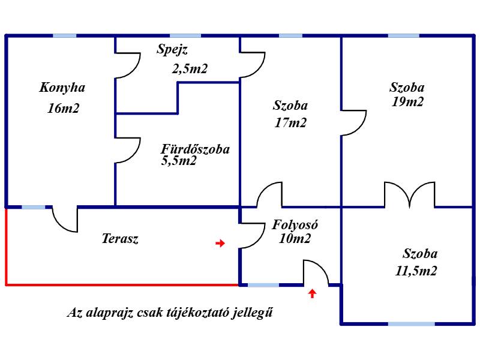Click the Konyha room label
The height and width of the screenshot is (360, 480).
pyautogui.click(x=62, y=88)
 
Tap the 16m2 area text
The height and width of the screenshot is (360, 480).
pyautogui.click(x=64, y=109)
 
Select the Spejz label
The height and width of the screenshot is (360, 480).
pyautogui.click(x=172, y=50)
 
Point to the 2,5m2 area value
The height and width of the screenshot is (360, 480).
pyautogui.click(x=190, y=69)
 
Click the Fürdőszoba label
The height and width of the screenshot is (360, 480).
pyautogui.click(x=196, y=149)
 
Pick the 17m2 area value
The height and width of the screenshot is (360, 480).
pyautogui.click(x=290, y=123)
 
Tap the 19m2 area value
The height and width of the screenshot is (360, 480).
pyautogui.click(x=407, y=101)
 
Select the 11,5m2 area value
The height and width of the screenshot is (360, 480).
pyautogui.click(x=416, y=271)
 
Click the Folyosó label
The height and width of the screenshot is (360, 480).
pyautogui.click(x=295, y=225)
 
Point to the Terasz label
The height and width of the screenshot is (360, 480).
pyautogui.click(x=120, y=238)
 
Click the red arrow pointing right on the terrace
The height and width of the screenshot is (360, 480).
pyautogui.click(x=220, y=244)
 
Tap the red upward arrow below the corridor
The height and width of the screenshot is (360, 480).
pyautogui.click(x=312, y=293)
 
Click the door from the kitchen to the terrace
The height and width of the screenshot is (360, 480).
pyautogui.click(x=65, y=219)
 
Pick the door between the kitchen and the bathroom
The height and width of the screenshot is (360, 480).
pyautogui.click(x=128, y=151)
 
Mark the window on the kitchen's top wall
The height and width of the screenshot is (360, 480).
pyautogui.click(x=65, y=36)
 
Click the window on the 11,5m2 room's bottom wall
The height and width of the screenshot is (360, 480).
pyautogui.click(x=412, y=323)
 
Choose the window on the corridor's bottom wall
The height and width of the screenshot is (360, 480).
pyautogui.click(x=263, y=285)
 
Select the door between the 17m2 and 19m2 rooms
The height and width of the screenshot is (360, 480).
pyautogui.click(x=354, y=123)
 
